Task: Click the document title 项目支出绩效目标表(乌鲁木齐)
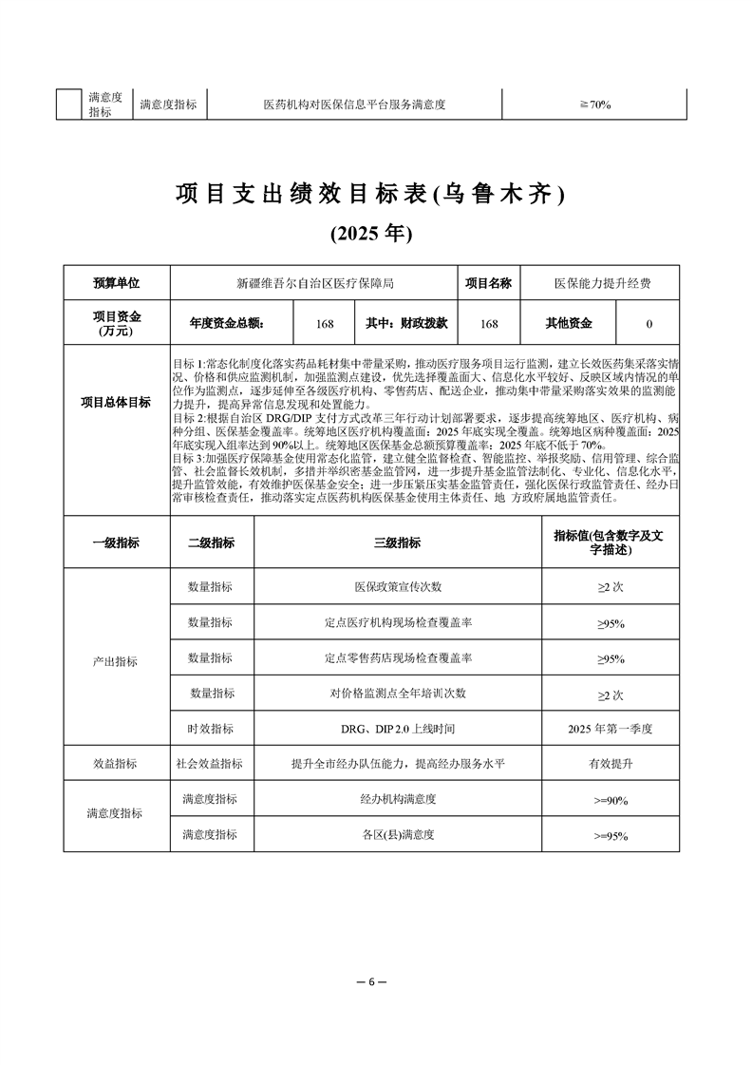point(370,195)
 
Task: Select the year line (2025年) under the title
point(370,233)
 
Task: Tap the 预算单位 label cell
point(116,283)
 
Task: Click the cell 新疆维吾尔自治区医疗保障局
point(314,283)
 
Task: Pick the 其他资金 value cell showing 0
point(649,324)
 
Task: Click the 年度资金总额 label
point(227,324)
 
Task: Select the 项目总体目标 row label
point(116,402)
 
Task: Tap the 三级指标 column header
point(398,542)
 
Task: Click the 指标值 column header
point(611,542)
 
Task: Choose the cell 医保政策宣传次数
point(398,588)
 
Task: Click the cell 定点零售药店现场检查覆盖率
point(398,657)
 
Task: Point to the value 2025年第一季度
point(611,729)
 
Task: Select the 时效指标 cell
point(211,729)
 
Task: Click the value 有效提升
point(611,764)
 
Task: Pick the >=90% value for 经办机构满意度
point(611,801)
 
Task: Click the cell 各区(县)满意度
point(398,835)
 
